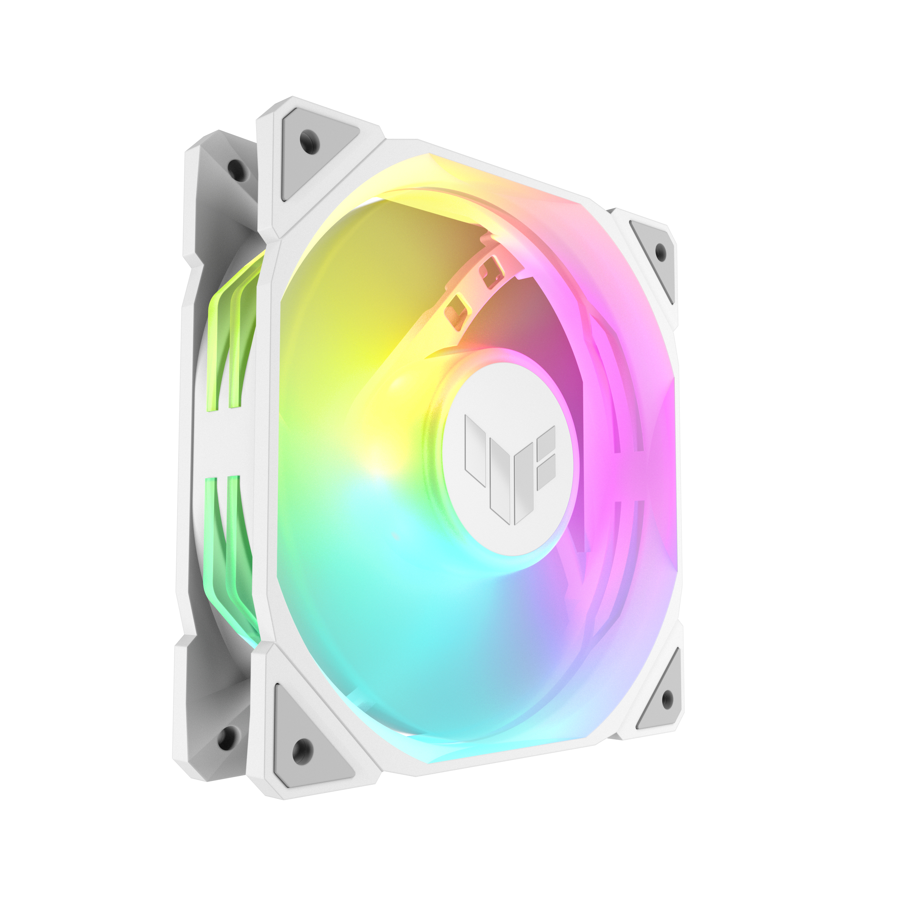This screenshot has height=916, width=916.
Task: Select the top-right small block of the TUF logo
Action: coord(547,439)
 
